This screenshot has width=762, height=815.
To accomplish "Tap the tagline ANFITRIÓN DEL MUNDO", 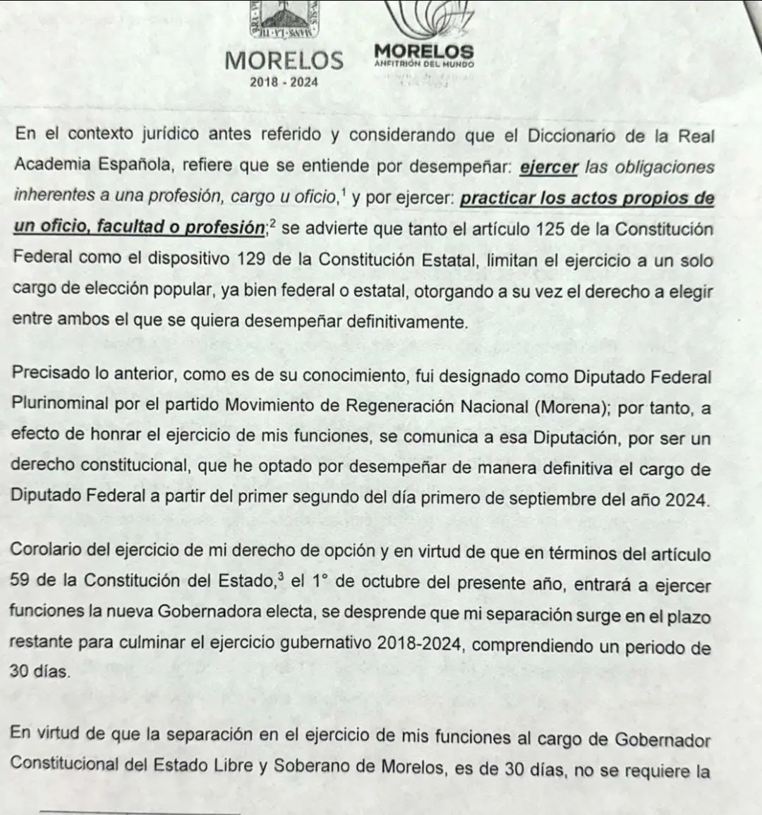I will click(424, 64).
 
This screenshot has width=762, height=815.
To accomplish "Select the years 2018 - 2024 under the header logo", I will click(284, 82).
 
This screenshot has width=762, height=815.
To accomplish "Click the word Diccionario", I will click(571, 136).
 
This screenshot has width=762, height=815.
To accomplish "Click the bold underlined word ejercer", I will click(549, 168).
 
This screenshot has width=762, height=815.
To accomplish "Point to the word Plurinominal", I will click(61, 404).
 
